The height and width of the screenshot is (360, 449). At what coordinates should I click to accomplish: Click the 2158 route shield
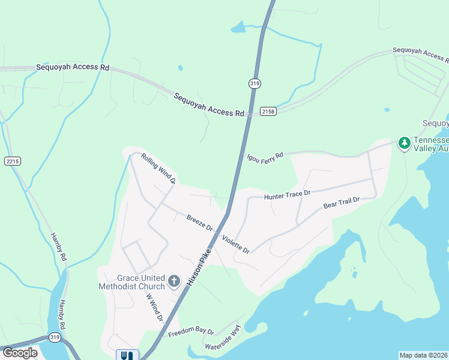pos(268,112)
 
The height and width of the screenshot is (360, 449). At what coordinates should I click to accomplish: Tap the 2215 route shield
pos(12,161)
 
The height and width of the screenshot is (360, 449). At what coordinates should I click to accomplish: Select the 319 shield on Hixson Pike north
pos(255,84)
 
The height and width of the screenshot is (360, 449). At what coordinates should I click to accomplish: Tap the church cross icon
pos(173,281)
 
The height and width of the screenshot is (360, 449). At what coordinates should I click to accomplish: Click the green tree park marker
pos(405,143)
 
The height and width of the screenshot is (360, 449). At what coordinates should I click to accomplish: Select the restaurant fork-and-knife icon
pos(127,355)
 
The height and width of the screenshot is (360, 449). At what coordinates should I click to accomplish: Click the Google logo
pos(20,353)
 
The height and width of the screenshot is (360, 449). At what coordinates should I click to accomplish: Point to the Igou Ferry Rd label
pos(264,155)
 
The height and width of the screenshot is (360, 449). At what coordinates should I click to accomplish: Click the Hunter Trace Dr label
pos(287,194)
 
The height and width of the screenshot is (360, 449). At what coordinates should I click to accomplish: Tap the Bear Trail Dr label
pos(341,203)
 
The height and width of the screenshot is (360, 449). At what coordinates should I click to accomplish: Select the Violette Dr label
pos(235,244)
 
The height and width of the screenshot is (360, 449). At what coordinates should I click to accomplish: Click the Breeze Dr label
pos(199,223)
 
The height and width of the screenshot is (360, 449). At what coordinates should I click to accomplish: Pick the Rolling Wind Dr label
pos(158,168)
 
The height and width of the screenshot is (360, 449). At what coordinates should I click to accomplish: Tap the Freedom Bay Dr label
pos(191,332)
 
